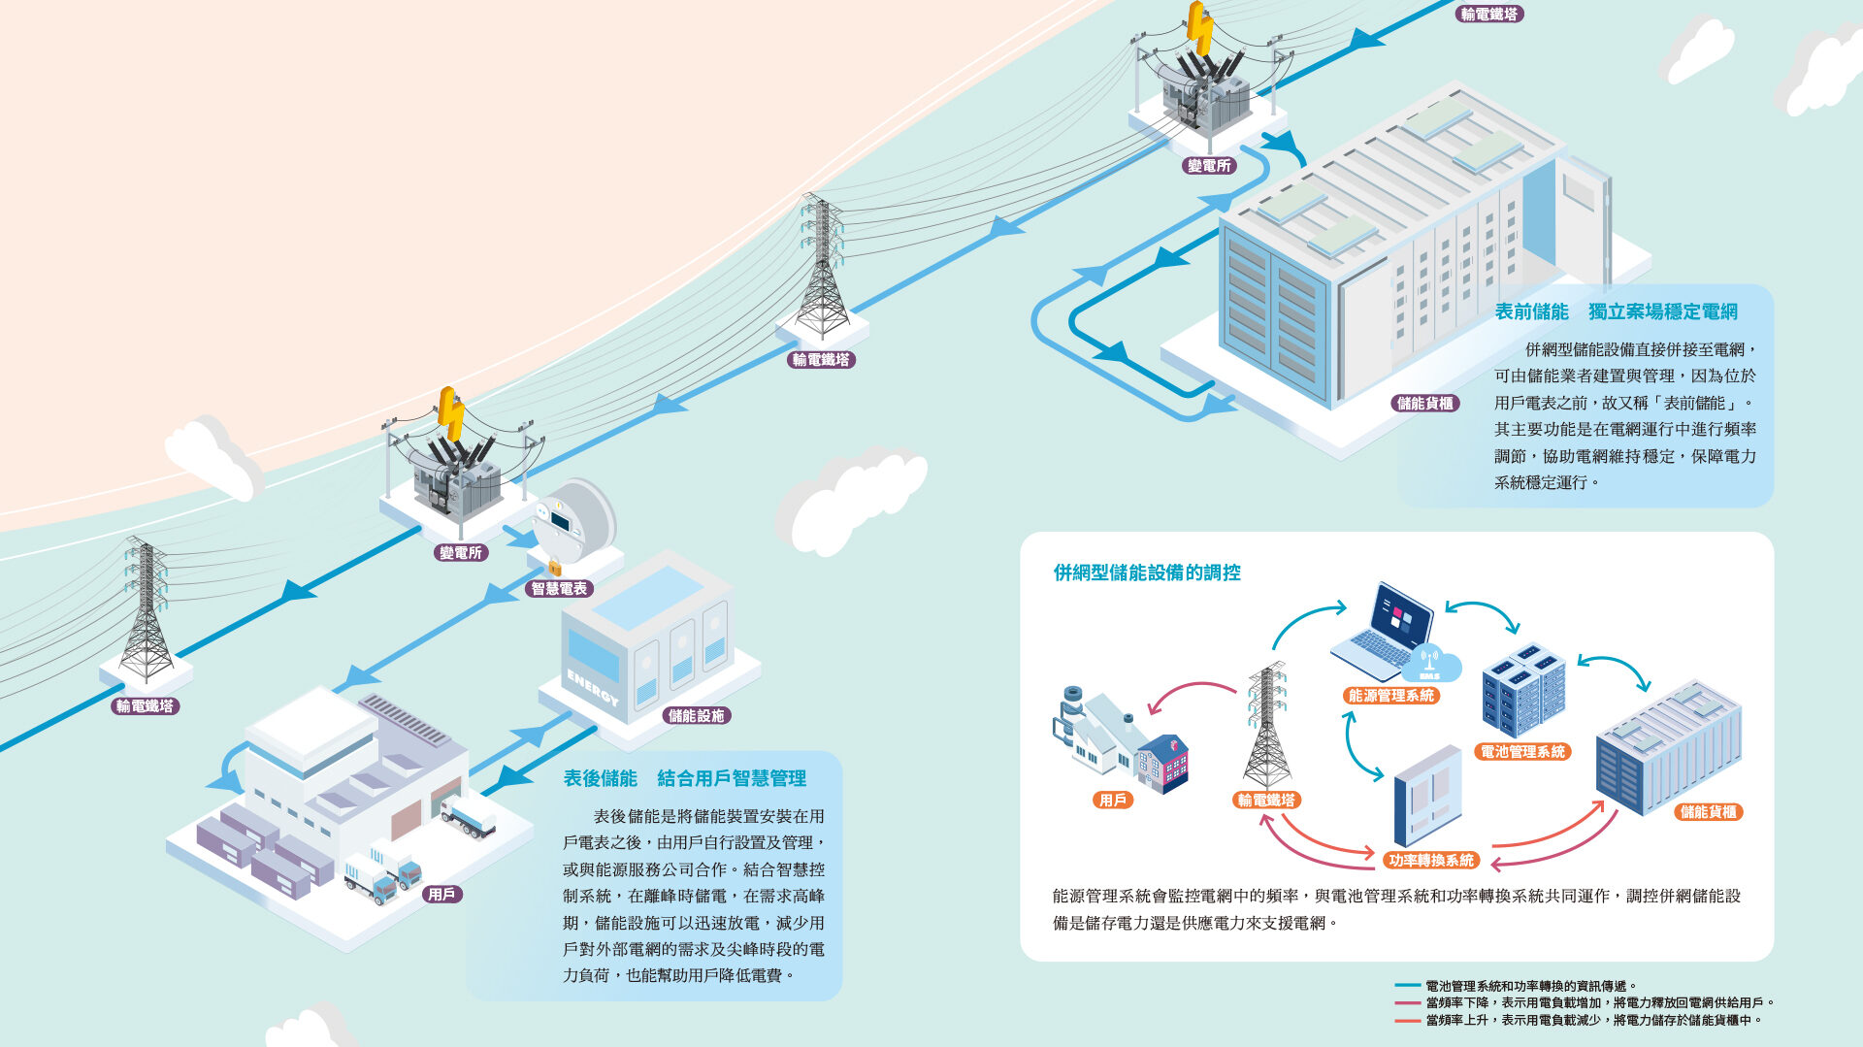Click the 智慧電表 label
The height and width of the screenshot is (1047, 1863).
click(559, 588)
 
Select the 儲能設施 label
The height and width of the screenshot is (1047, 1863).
click(696, 715)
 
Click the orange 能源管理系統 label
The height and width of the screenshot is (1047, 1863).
click(1390, 695)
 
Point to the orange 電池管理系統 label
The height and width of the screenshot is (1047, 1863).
click(1522, 751)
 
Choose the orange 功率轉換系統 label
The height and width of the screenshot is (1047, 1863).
click(1430, 860)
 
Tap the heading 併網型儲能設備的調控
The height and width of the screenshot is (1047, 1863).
click(1147, 573)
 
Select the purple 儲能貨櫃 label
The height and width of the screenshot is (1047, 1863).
click(1424, 403)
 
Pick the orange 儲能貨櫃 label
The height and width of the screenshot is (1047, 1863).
click(1708, 811)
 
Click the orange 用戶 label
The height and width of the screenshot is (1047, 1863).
click(1112, 800)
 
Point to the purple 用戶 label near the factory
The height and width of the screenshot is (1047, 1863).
click(441, 894)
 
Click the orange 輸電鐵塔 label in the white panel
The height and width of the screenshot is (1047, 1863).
click(1266, 800)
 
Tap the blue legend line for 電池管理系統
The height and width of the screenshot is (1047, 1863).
click(1407, 986)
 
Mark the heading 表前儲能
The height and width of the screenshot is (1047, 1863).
click(1531, 311)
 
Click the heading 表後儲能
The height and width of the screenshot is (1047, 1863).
click(600, 778)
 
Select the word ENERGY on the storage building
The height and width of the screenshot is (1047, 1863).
click(592, 687)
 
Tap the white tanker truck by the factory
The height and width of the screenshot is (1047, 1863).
click(467, 816)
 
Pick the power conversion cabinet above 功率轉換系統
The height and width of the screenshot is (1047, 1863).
click(1426, 796)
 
